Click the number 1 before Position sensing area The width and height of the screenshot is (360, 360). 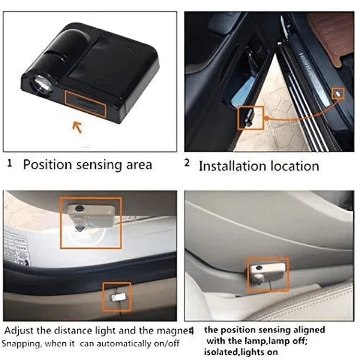(x=10, y=163)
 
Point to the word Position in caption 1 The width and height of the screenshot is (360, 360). (x=46, y=165)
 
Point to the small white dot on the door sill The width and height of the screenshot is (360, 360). (x=338, y=92)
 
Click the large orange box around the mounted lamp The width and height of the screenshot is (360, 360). (x=91, y=222)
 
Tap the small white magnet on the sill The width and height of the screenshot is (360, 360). (x=117, y=297)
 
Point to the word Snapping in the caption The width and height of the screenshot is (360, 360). (x=21, y=344)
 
